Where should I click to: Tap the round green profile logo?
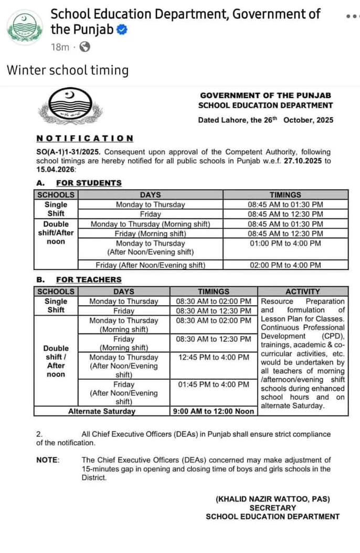[25, 27]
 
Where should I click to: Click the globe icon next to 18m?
[84, 47]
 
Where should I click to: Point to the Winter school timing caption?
[68, 70]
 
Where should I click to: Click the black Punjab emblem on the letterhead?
[70, 105]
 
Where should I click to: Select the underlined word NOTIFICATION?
[84, 138]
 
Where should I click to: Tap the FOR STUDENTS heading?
[89, 183]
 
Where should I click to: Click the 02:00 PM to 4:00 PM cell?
[285, 265]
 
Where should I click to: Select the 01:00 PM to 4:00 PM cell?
[285, 244]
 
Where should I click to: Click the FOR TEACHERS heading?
[89, 280]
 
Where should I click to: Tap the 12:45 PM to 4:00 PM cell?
[214, 357]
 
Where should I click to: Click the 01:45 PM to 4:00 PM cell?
[214, 384]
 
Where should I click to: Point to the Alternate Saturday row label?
[102, 411]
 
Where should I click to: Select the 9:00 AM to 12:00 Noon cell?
[214, 411]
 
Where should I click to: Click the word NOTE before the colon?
[47, 460]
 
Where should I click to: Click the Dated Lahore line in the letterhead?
[266, 120]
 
